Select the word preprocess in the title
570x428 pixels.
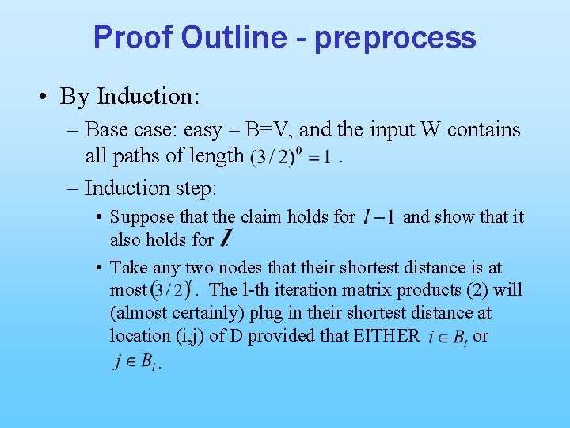(395, 39)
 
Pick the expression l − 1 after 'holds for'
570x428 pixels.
(378, 216)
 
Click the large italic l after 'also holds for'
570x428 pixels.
(227, 238)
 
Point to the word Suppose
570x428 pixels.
(141, 216)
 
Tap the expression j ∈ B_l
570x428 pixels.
(135, 363)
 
